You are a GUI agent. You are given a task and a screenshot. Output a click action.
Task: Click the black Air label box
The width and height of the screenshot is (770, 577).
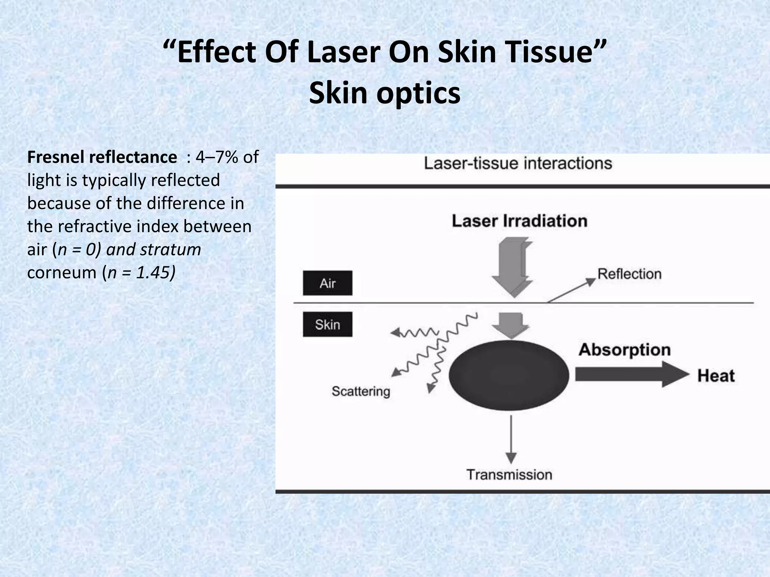point(327,283)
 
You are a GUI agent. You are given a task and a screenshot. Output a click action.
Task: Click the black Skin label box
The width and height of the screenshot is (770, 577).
point(327,325)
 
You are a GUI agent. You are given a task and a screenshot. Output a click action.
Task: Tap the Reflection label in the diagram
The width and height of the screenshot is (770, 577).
point(629,274)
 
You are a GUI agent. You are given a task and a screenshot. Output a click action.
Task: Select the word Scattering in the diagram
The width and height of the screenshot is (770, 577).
point(361,391)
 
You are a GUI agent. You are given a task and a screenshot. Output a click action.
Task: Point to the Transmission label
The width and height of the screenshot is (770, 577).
point(509,475)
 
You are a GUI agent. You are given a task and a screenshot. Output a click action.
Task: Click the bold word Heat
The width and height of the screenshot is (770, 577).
point(716,376)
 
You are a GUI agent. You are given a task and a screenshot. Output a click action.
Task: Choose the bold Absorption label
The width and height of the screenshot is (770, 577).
point(624,350)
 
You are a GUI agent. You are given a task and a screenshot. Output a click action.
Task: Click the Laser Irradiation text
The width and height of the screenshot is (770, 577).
point(519,221)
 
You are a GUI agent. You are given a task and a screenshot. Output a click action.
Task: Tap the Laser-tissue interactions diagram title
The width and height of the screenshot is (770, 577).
point(518,164)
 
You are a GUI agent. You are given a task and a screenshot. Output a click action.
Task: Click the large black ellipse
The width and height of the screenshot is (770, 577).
point(509,375)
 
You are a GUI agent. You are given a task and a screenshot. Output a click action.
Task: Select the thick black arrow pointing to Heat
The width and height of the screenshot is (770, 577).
point(632,374)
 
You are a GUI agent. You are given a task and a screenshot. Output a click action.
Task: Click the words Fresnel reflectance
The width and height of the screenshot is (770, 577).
point(102,157)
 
